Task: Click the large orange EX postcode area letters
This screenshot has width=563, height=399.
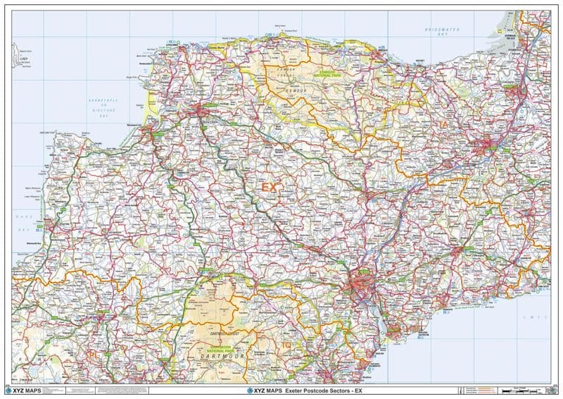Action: coord(270,188)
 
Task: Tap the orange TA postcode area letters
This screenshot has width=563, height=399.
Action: coord(443,125)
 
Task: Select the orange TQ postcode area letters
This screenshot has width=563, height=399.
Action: coord(286,345)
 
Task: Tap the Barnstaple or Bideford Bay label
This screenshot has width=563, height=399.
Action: coord(103,105)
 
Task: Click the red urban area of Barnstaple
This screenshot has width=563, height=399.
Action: coord(201,111)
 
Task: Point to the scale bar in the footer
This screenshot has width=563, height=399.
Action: coord(524,390)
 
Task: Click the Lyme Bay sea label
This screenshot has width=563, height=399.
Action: coord(538,319)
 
